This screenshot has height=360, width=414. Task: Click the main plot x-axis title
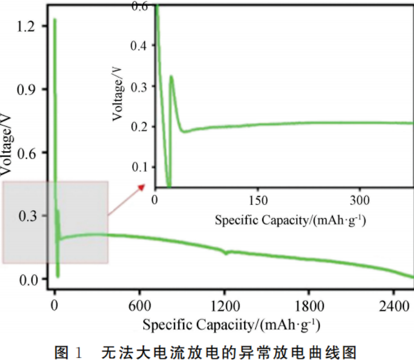click(230, 323)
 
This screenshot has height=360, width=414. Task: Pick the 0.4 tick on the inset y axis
click(141, 46)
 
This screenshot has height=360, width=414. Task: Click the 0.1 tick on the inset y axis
click(141, 167)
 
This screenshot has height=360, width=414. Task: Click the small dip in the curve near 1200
click(226, 253)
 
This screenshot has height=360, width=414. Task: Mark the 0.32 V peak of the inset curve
click(171, 76)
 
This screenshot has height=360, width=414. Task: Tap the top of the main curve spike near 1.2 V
click(54, 20)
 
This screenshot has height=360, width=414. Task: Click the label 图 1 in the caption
click(68, 349)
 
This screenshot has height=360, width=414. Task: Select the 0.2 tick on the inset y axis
click(141, 127)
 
